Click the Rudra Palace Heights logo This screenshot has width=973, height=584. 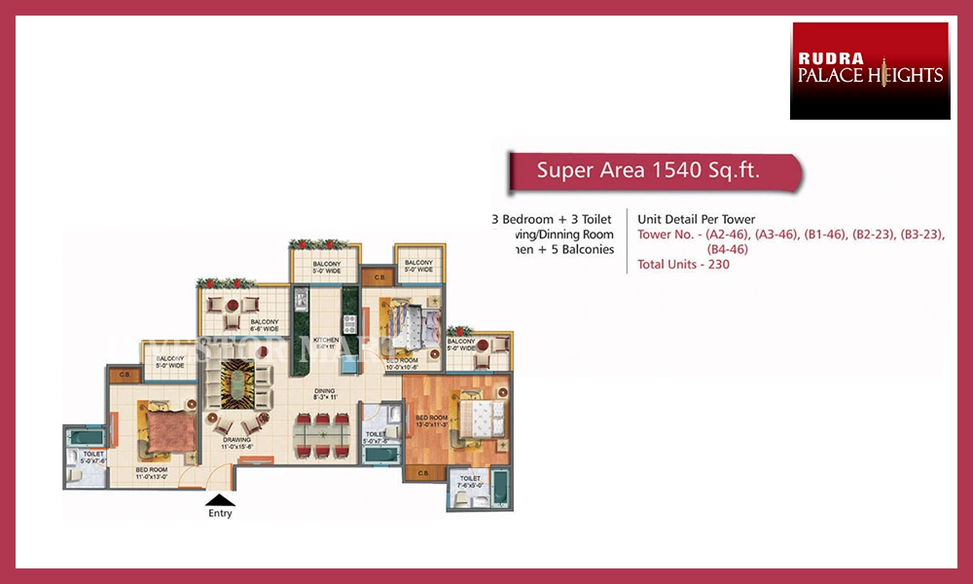point(870,71)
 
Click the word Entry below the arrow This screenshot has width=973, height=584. point(220,514)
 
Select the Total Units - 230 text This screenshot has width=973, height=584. point(683,264)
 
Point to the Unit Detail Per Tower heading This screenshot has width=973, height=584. point(696,219)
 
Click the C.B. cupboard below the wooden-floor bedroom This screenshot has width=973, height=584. point(423,472)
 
